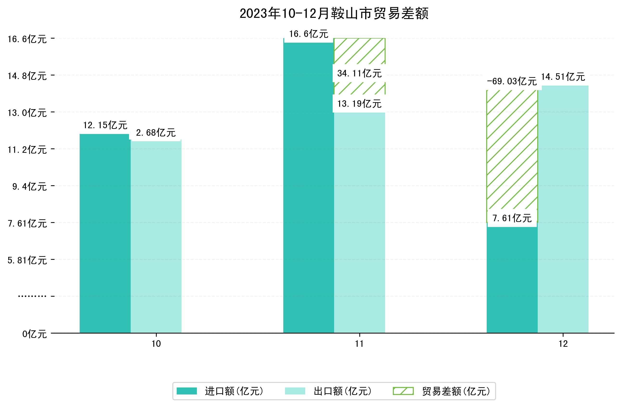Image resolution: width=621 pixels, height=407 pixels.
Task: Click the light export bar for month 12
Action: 563,209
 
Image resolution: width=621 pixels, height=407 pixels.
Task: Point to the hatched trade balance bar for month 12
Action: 512,149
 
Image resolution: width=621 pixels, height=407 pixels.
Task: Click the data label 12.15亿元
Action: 105,125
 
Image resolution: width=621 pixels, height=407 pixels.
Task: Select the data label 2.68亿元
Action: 156,133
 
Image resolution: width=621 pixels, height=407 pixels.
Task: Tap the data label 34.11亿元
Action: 359,73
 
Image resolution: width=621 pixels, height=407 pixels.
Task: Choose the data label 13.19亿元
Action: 359,104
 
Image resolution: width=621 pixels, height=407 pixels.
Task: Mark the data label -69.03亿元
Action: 512,81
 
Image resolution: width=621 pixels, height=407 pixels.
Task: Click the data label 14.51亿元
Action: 563,77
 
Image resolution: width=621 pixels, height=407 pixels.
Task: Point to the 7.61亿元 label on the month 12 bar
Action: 512,218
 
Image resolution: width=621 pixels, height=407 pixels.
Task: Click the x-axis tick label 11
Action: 359,344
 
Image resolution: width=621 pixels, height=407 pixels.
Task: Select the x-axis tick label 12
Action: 563,344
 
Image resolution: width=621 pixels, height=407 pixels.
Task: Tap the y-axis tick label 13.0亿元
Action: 27,113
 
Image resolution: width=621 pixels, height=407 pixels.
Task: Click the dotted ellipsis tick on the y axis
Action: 32,296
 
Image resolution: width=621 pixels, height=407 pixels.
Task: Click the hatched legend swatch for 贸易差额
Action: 403,391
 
